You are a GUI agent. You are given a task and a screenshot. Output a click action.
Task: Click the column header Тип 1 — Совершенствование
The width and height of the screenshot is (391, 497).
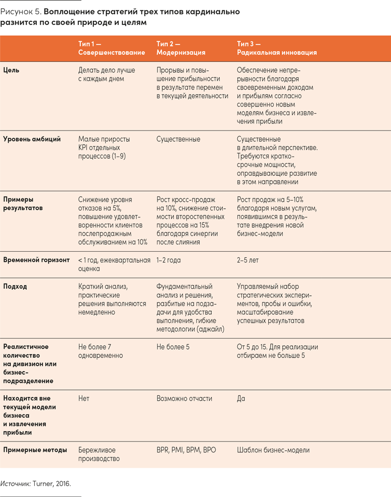tap(111, 48)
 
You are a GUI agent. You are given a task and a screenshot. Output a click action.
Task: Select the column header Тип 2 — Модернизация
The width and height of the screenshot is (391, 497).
tap(181, 48)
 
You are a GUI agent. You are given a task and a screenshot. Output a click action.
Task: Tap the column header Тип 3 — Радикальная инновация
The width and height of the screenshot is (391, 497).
tap(276, 48)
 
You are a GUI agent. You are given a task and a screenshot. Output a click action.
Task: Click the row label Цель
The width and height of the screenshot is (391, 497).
tap(12, 70)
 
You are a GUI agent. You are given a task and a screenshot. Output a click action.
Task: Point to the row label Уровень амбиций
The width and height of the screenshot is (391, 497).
tap(32, 139)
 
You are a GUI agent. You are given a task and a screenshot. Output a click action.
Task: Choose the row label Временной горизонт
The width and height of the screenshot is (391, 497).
tap(36, 260)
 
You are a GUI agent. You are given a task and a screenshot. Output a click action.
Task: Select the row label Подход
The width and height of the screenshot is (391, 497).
tap(15, 287)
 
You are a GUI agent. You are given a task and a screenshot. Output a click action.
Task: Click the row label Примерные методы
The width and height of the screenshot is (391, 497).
tap(35, 450)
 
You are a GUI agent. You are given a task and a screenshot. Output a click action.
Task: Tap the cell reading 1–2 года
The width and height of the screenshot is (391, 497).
tap(168, 260)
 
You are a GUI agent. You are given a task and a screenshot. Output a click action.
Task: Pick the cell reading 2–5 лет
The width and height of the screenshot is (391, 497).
tap(248, 260)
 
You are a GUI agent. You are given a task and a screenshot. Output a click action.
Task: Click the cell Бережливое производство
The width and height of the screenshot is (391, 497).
tap(99, 454)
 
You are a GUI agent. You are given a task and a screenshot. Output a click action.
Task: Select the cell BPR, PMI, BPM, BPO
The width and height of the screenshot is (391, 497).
tap(186, 450)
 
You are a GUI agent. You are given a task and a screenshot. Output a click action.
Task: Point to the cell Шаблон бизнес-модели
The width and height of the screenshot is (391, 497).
tap(273, 450)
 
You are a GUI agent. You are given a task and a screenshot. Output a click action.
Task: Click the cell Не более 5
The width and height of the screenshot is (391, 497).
tap(173, 346)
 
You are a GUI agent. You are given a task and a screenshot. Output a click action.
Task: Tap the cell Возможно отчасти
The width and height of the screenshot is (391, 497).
tap(184, 399)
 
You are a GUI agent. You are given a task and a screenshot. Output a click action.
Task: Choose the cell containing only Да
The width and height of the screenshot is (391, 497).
tap(241, 399)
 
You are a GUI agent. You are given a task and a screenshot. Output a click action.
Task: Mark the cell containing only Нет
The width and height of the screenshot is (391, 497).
tap(84, 399)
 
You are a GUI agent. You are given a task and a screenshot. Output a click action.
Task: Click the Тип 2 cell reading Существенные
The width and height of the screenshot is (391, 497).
tap(178, 139)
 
